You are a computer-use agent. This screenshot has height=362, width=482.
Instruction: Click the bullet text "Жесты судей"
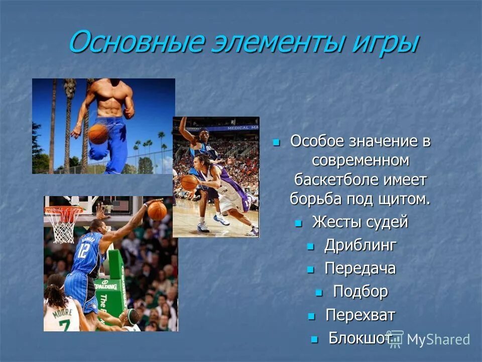pos(360,222)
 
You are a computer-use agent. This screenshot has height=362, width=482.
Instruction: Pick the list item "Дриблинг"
pos(360,245)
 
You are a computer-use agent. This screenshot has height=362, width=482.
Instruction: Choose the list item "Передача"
pos(360,268)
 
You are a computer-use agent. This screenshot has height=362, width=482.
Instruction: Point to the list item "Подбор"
pos(360,292)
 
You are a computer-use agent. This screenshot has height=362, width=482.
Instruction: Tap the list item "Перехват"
pos(360,315)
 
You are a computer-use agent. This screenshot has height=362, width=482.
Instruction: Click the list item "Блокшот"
pos(358,338)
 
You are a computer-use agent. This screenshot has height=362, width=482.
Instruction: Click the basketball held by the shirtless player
pos(98,134)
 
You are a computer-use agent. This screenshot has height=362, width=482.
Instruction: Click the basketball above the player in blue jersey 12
pos(157,211)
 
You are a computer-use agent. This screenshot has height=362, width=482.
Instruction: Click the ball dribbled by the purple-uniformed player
pos(189,182)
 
